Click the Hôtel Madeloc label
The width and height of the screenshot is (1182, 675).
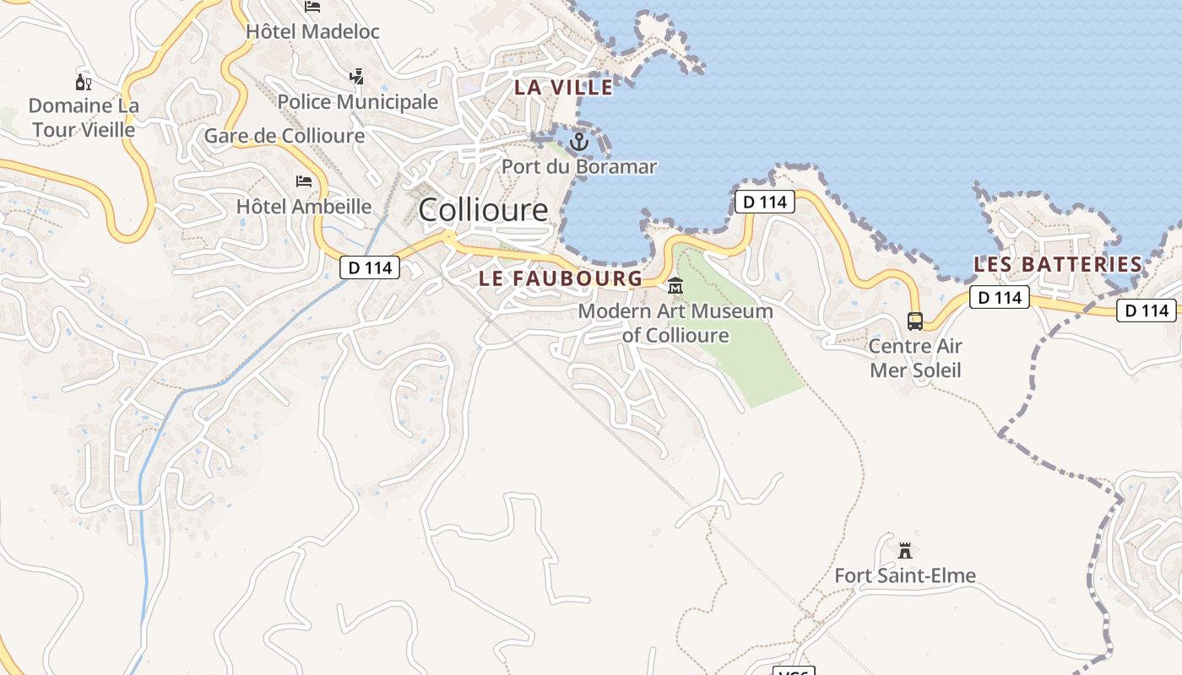[312, 32]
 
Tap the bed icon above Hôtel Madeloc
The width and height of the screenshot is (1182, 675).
[312, 7]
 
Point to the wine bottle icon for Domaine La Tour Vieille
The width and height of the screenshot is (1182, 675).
[83, 82]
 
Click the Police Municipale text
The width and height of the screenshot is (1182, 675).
[358, 102]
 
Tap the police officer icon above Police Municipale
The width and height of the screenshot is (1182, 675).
[356, 77]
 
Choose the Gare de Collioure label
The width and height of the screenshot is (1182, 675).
[285, 136]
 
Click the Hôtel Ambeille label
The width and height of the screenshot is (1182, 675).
[304, 207]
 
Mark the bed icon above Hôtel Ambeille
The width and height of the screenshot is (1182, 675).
[304, 181]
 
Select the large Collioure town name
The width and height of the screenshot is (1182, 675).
[483, 209]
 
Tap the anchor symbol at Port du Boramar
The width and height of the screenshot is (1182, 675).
[578, 142]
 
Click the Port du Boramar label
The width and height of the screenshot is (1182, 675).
[579, 167]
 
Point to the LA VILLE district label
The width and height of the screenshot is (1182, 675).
[564, 87]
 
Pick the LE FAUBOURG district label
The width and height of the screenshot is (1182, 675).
[561, 278]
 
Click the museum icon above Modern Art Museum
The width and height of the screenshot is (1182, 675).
[675, 287]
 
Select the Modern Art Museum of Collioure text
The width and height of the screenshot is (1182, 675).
[675, 323]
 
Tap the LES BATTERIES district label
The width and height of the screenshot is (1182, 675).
[1058, 264]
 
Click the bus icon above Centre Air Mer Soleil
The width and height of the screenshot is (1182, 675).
[915, 321]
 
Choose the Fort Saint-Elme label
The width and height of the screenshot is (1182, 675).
[905, 576]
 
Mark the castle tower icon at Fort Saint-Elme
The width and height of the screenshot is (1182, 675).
[905, 551]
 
